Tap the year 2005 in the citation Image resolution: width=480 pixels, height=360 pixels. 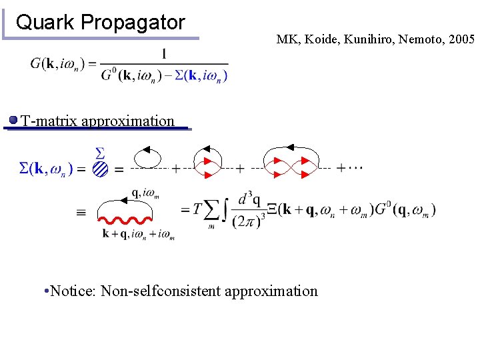[461, 39]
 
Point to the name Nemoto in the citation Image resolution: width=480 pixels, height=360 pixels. [421, 39]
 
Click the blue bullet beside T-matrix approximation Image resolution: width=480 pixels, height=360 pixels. [13, 121]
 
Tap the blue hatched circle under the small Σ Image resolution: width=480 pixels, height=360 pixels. [101, 169]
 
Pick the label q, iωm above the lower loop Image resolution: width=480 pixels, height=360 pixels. [145, 193]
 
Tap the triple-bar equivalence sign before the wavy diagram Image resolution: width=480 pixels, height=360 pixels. [81, 213]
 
